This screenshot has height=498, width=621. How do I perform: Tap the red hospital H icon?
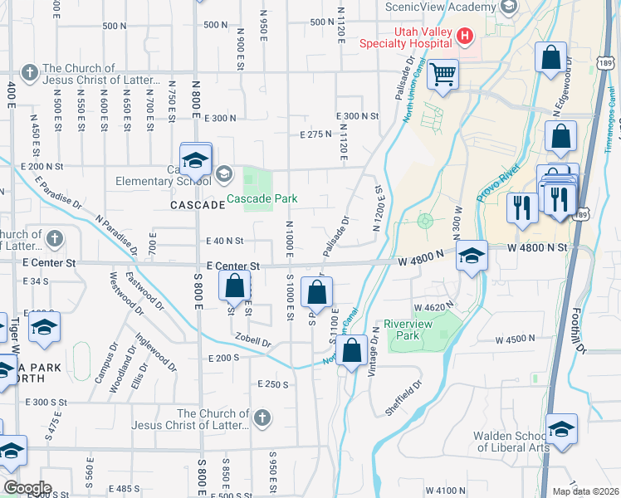coord(464,36)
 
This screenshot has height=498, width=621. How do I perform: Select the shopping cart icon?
coord(443,76)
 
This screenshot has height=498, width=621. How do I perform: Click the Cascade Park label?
coord(262,199)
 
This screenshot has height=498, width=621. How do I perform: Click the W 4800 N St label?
coord(537,247)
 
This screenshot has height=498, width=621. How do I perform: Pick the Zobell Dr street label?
coord(253,341)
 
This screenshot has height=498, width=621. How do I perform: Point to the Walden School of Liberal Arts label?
coord(511,442)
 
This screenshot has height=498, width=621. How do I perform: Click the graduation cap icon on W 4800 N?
coord(472,255)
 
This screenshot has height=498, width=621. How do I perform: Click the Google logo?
coord(27,488)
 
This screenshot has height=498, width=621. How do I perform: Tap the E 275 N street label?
coord(315,134)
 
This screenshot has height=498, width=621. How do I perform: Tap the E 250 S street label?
coord(272,384)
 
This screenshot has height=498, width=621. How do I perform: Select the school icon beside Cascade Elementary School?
coord(222,173)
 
